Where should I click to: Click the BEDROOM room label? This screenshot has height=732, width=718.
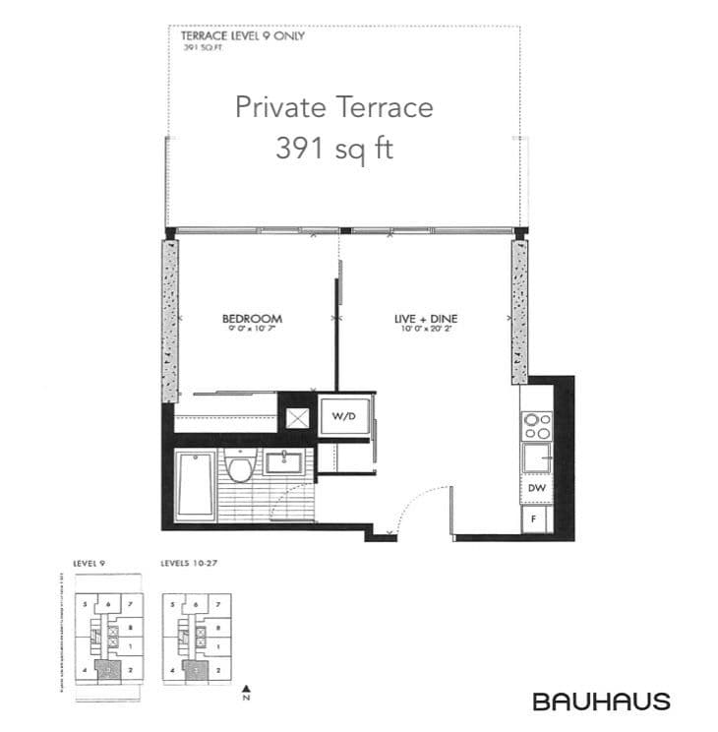coord(252,319)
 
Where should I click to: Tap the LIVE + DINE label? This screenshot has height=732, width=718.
coord(426,319)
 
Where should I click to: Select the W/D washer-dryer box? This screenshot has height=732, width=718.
coord(343,415)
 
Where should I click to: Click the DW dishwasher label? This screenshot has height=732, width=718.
coord(536,488)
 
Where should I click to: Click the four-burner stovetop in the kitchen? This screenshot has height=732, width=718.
coord(536,424)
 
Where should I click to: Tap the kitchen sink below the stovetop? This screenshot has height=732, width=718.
coord(536,457)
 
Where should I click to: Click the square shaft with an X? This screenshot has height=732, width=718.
coord(296,415)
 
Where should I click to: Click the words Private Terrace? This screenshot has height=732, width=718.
coord(333,106)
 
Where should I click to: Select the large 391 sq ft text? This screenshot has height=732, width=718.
coord(333,149)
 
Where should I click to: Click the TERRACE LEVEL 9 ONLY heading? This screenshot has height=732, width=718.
coord(242,36)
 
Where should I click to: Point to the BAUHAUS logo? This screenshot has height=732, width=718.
coord(601,701)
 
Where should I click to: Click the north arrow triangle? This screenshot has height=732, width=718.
coord(248,689)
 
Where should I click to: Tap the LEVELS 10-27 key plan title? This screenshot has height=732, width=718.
coord(190,564)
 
